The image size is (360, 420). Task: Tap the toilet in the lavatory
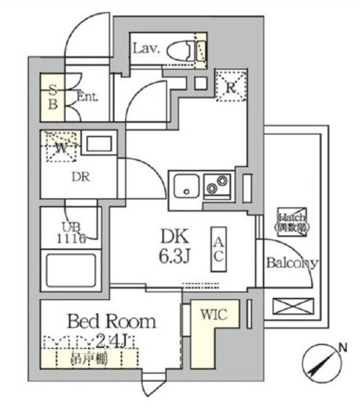click(186, 50)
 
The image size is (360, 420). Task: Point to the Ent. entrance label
click(87, 96)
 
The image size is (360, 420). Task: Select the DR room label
click(80, 177)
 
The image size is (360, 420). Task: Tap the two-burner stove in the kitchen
click(217, 185)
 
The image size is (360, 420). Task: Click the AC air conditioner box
click(219, 249)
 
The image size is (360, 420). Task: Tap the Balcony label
click(292, 263)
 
